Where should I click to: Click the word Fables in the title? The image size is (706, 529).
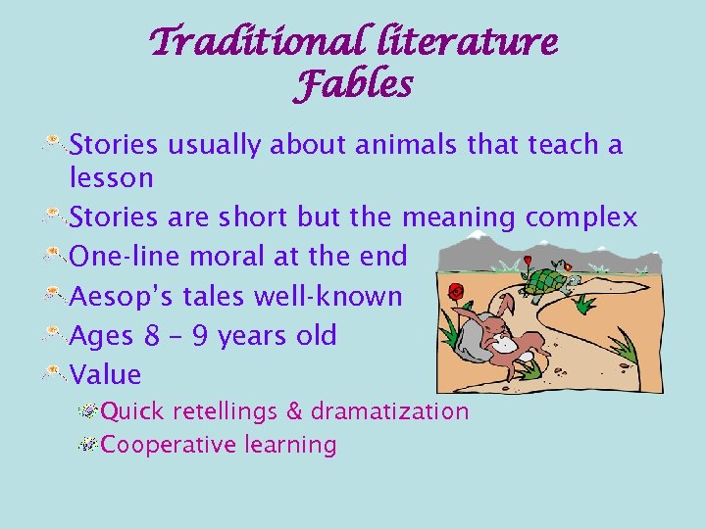pos(353,85)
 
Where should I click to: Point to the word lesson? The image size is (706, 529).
pos(112,178)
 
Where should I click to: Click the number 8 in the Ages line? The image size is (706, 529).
pos(152,336)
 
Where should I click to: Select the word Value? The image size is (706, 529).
pos(106,375)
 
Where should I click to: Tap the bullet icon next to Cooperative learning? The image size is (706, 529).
pos(88,445)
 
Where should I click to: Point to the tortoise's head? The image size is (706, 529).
pos(567,265)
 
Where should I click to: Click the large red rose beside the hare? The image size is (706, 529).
pos(455,291)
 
